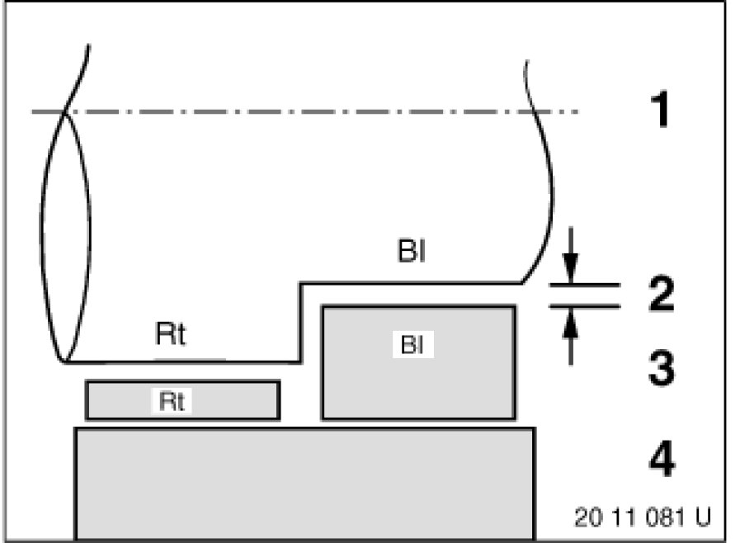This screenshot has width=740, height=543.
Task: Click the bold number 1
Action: [660, 111]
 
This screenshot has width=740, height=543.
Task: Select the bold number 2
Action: [660, 295]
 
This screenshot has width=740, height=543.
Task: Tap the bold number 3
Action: [660, 369]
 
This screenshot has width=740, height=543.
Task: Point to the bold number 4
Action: [660, 460]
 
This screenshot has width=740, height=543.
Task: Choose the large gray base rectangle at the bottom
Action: [305, 483]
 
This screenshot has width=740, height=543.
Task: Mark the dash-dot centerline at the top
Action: [313, 111]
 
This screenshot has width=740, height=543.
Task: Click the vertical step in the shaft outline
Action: [299, 323]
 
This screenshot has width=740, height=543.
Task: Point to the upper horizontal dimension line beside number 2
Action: [584, 284]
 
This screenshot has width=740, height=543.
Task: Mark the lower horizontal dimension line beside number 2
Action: [584, 305]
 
